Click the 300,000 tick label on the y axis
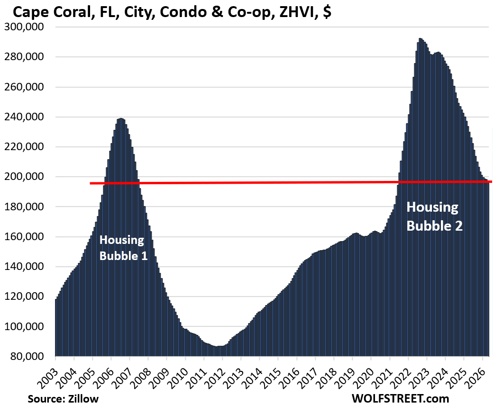tap(24, 27)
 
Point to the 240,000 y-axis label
tap(24, 117)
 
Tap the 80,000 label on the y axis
tap(26, 357)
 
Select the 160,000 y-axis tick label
tap(24, 237)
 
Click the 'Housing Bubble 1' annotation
tap(123, 248)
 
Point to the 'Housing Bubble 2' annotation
tap(434, 216)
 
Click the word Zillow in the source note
tap(83, 399)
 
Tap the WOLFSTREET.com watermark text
tap(400, 398)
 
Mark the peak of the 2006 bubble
tap(121, 118)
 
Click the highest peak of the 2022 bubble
tap(420, 38)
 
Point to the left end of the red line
tap(90, 183)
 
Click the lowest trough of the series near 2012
tap(216, 346)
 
